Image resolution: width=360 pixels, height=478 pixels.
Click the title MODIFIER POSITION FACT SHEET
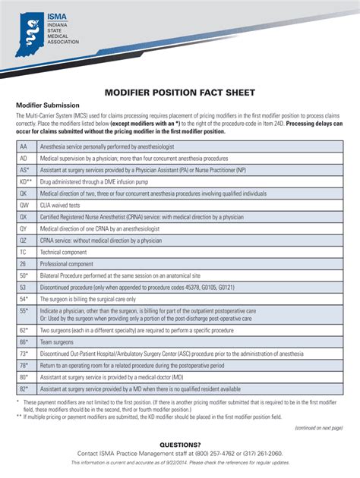pos(179,91)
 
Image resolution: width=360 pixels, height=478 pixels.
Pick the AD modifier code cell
pos(24,158)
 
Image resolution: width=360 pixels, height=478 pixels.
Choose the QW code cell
pos(24,205)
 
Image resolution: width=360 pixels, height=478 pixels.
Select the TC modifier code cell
pos(24,251)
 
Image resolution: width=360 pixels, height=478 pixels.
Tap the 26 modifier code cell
pos(24,263)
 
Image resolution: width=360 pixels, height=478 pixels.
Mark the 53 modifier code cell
pos(24,287)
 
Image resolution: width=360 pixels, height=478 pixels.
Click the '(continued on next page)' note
pos(319,426)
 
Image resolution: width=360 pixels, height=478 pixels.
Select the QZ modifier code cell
pos(24,240)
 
